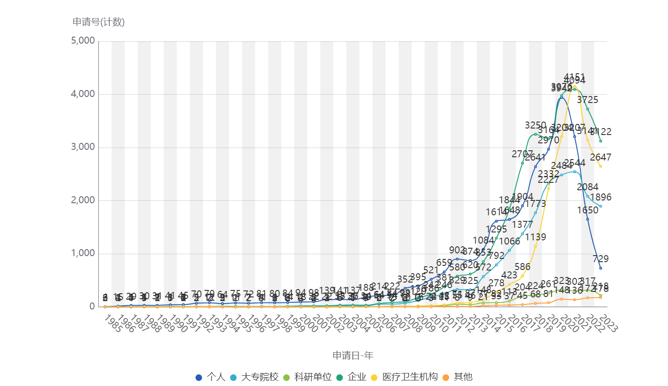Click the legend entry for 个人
coord(211,377)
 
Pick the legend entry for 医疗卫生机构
coord(404,377)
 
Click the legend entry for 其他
coord(457,377)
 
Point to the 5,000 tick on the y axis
coord(83,41)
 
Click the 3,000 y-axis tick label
coord(83,147)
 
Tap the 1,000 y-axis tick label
coord(83,253)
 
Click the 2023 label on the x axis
coord(609,323)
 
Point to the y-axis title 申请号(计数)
coord(98,21)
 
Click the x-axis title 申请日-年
coord(353,355)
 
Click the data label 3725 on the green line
coord(587,99)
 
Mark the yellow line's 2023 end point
coord(601,166)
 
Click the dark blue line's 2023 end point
coord(601,268)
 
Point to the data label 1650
coord(587,210)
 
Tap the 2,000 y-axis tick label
coord(83,200)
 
